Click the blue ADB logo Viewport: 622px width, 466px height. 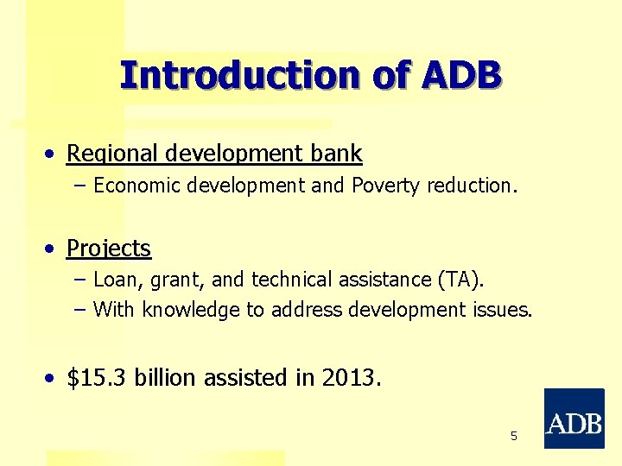click(574, 419)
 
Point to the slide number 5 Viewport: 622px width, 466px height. click(514, 437)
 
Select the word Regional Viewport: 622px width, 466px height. click(111, 154)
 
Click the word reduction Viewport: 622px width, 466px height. click(473, 186)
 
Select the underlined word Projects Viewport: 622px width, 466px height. click(109, 249)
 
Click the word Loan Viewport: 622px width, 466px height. click(113, 280)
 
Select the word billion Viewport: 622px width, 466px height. click(165, 378)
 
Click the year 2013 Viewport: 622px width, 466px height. click(349, 378)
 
